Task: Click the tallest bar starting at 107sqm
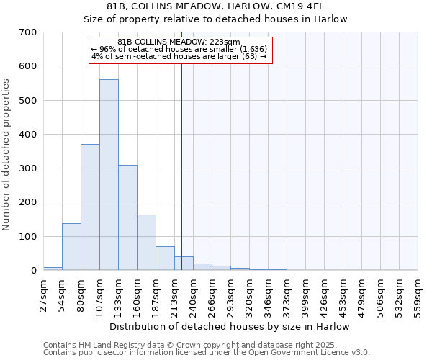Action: click(x=109, y=175)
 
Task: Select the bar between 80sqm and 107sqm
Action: click(x=90, y=207)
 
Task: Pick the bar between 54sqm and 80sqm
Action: click(x=71, y=247)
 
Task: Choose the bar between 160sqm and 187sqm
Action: click(x=146, y=243)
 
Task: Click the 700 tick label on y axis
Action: click(x=28, y=32)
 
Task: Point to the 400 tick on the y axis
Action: click(x=28, y=135)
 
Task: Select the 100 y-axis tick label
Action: click(x=28, y=237)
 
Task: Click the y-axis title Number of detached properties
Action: click(x=7, y=156)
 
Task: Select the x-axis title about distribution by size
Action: click(x=230, y=326)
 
